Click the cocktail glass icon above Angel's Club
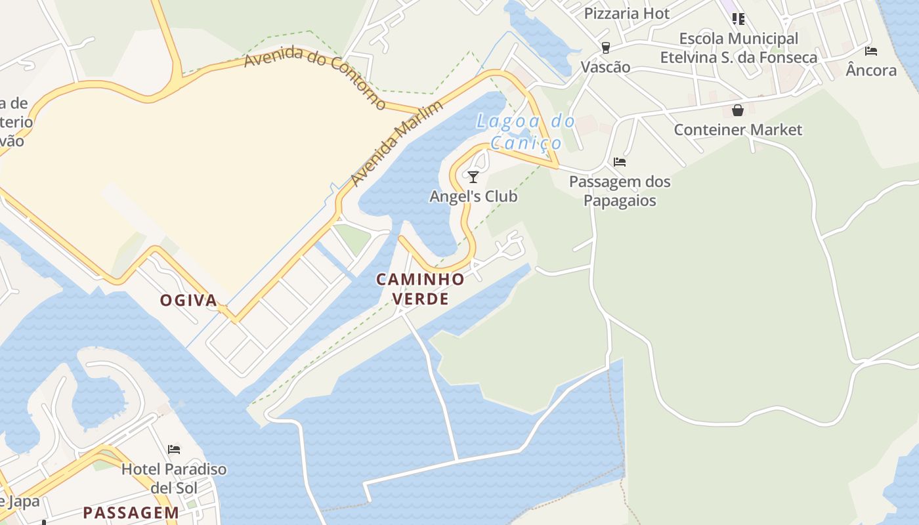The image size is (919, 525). point(473,177)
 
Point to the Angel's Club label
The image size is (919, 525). point(473,196)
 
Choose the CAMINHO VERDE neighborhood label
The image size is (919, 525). point(420,289)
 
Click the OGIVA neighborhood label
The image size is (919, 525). point(188,301)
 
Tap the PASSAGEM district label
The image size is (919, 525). point(131,513)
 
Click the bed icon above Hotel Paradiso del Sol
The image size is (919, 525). point(174,450)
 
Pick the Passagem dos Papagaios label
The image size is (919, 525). point(620,191)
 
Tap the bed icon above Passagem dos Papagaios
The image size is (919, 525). point(620,161)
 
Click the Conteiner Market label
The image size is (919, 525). point(738,129)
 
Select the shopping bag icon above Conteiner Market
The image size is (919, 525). point(738,110)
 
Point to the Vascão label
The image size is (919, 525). point(605,67)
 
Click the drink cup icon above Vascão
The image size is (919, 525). point(605,47)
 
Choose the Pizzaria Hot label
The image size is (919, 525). point(626,13)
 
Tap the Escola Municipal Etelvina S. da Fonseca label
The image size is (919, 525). point(738,48)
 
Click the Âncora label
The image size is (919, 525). point(871,70)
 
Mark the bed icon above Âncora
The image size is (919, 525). point(871,51)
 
